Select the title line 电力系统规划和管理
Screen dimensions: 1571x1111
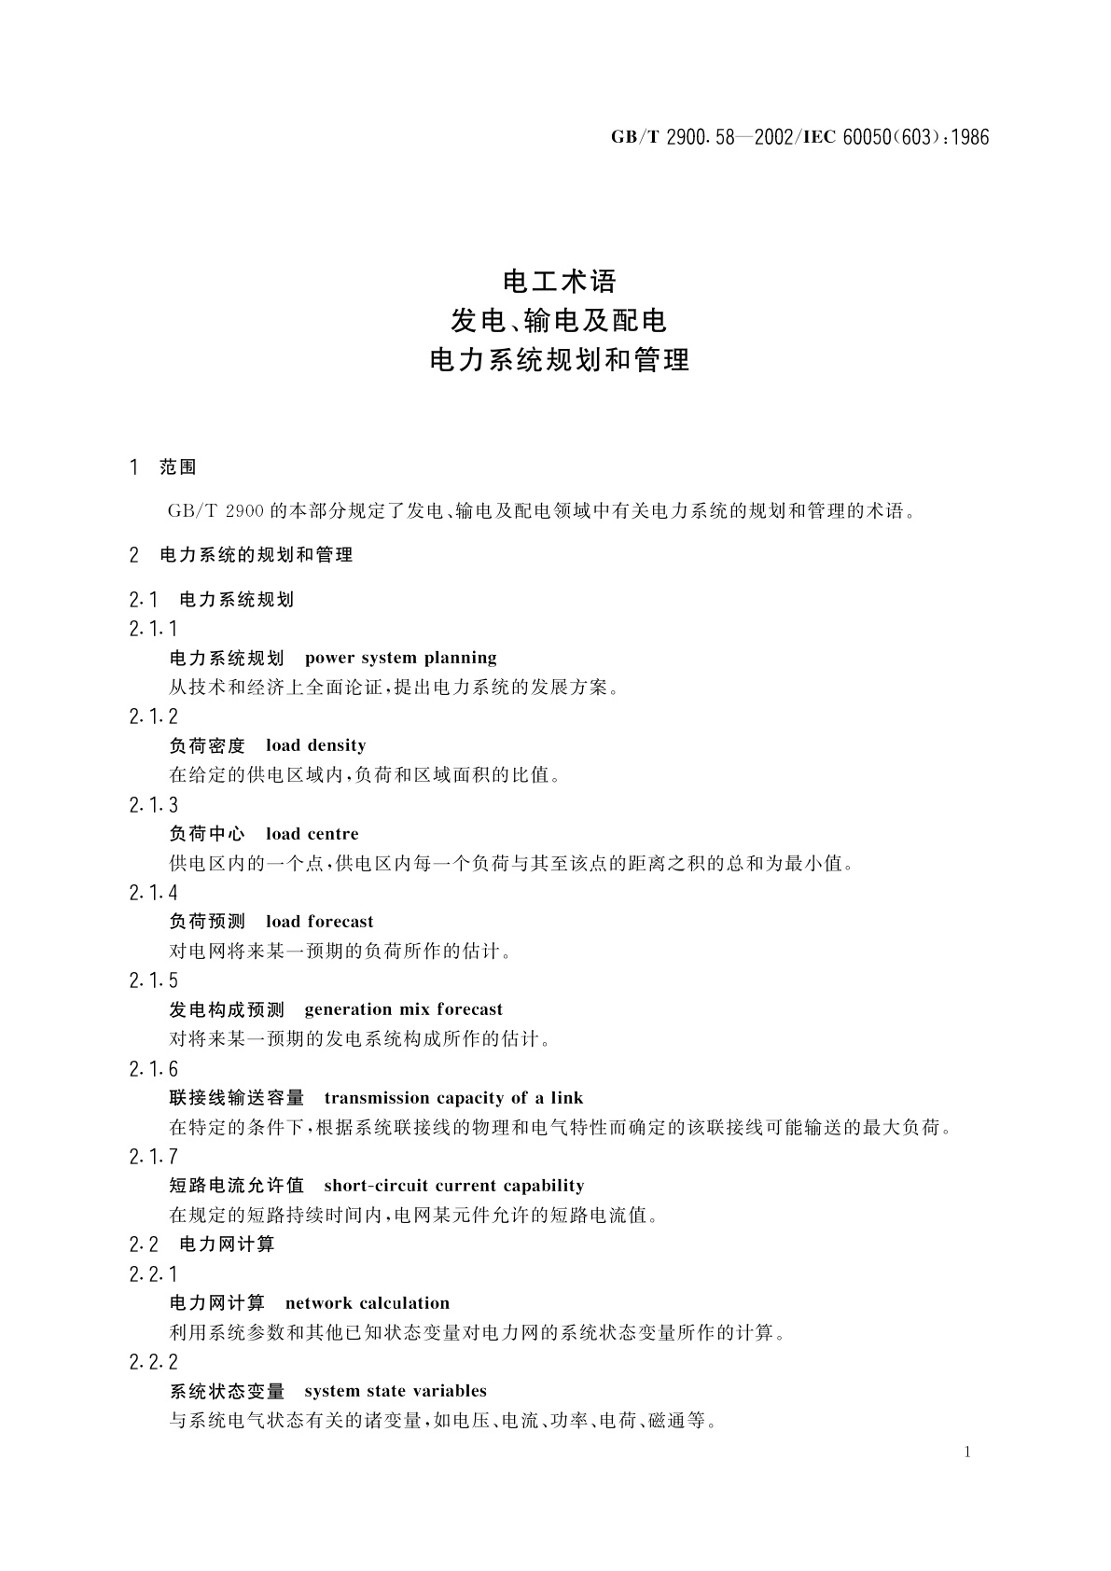pos(559,360)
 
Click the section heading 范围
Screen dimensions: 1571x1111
pos(177,467)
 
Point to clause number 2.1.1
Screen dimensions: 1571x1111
pos(153,629)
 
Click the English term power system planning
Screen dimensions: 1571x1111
pos(400,659)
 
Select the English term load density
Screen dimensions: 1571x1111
pos(315,745)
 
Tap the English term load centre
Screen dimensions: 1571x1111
pos(312,834)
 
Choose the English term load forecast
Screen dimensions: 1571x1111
pos(319,922)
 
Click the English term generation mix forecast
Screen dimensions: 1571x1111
pos(403,1009)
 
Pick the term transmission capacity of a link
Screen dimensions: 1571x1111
pos(453,1098)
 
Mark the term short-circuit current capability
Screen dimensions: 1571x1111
pos(453,1186)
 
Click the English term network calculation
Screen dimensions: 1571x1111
pos(367,1303)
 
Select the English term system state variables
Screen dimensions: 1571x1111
pos(396,1391)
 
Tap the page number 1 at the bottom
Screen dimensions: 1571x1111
pos(967,1452)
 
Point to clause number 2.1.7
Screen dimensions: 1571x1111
pos(153,1158)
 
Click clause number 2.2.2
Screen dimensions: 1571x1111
pos(153,1362)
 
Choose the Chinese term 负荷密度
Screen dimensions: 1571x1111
pos(207,745)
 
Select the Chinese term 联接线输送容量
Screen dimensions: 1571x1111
pos(237,1098)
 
